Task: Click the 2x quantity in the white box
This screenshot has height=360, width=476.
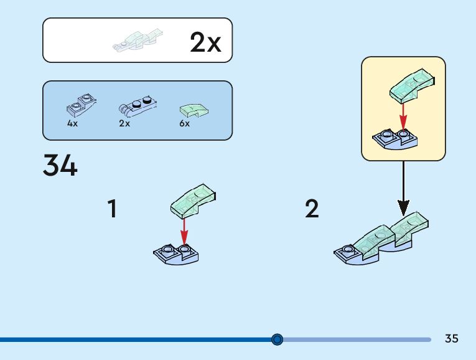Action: click(205, 42)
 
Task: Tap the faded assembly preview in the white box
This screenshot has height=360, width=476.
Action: click(138, 40)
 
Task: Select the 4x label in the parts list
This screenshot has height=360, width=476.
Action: click(72, 123)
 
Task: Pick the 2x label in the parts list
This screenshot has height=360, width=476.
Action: click(124, 123)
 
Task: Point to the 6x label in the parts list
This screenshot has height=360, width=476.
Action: click(184, 123)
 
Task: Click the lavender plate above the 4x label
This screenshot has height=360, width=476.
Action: click(80, 105)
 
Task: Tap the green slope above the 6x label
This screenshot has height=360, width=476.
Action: click(194, 110)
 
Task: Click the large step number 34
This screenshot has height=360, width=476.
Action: click(60, 166)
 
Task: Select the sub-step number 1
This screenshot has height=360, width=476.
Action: click(112, 209)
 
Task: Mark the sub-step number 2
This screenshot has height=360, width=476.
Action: click(312, 209)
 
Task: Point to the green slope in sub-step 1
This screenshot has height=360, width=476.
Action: click(193, 201)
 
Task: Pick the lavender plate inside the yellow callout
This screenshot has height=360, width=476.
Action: click(394, 141)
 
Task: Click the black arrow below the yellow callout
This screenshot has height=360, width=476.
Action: click(403, 187)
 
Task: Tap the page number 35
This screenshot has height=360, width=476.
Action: click(452, 339)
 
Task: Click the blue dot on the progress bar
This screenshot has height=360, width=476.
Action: click(278, 339)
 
